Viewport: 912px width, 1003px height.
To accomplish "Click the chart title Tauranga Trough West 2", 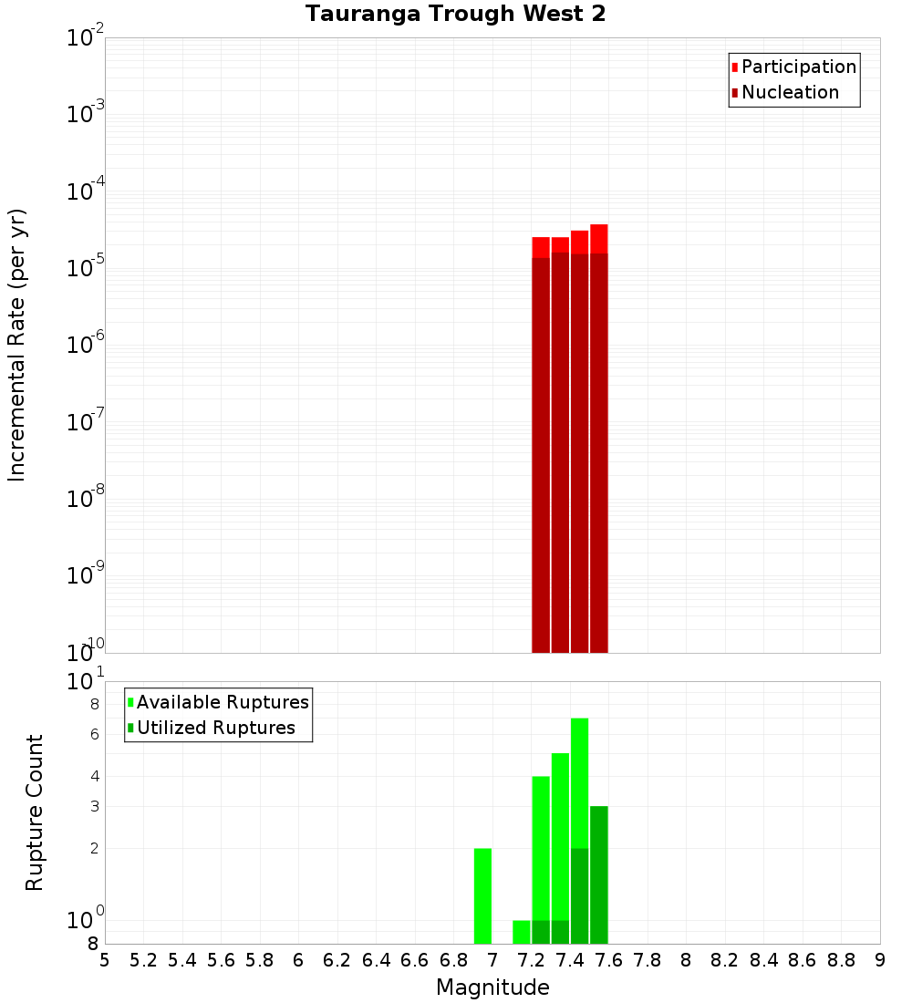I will point(455,14).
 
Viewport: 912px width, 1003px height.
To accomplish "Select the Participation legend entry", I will point(798,67).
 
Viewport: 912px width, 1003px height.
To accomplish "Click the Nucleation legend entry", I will point(789,92).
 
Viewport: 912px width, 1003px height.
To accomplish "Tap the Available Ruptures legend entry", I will point(222,702).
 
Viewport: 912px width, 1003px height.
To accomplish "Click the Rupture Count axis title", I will point(35,812).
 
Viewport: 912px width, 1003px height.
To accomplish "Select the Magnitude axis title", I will point(492,987).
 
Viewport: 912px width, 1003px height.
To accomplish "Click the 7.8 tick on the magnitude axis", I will point(648,960).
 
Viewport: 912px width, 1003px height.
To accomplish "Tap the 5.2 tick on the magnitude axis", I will point(143,960).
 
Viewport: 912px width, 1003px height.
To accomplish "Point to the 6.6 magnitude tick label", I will point(415,960).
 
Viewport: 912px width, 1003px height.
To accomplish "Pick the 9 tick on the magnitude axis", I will point(880,960).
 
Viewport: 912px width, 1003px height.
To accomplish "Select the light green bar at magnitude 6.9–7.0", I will point(483,895).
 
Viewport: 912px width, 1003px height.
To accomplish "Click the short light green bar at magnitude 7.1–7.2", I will point(522,932).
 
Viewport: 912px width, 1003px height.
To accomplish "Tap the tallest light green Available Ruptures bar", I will point(579,784).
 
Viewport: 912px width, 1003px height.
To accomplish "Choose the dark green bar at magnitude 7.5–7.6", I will point(598,875).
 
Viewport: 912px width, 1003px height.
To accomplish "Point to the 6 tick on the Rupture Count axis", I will point(95,734).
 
